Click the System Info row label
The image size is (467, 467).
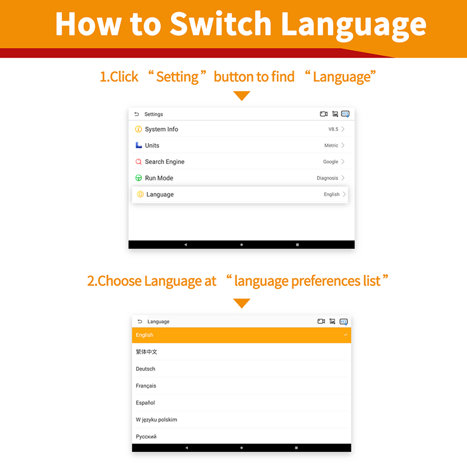click(162, 129)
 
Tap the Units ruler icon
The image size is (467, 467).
click(138, 145)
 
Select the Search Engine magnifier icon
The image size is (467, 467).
click(138, 162)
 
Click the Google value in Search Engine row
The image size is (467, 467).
click(330, 162)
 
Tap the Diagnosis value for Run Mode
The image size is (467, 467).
click(327, 178)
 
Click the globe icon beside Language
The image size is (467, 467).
click(140, 194)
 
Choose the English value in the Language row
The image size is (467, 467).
click(332, 194)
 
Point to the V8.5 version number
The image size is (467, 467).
click(333, 129)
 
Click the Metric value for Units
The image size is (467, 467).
click(331, 145)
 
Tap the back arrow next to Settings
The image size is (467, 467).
click(137, 114)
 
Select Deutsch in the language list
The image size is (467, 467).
click(145, 369)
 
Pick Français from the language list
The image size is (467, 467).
click(146, 386)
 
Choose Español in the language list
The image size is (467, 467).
click(145, 403)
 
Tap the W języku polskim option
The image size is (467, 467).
click(156, 420)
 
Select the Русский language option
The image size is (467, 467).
click(146, 437)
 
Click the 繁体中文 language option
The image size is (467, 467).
click(147, 352)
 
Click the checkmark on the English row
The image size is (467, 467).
click(346, 334)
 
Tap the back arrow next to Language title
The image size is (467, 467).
click(140, 322)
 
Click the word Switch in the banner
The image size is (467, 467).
click(221, 24)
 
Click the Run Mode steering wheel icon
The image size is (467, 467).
click(138, 178)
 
